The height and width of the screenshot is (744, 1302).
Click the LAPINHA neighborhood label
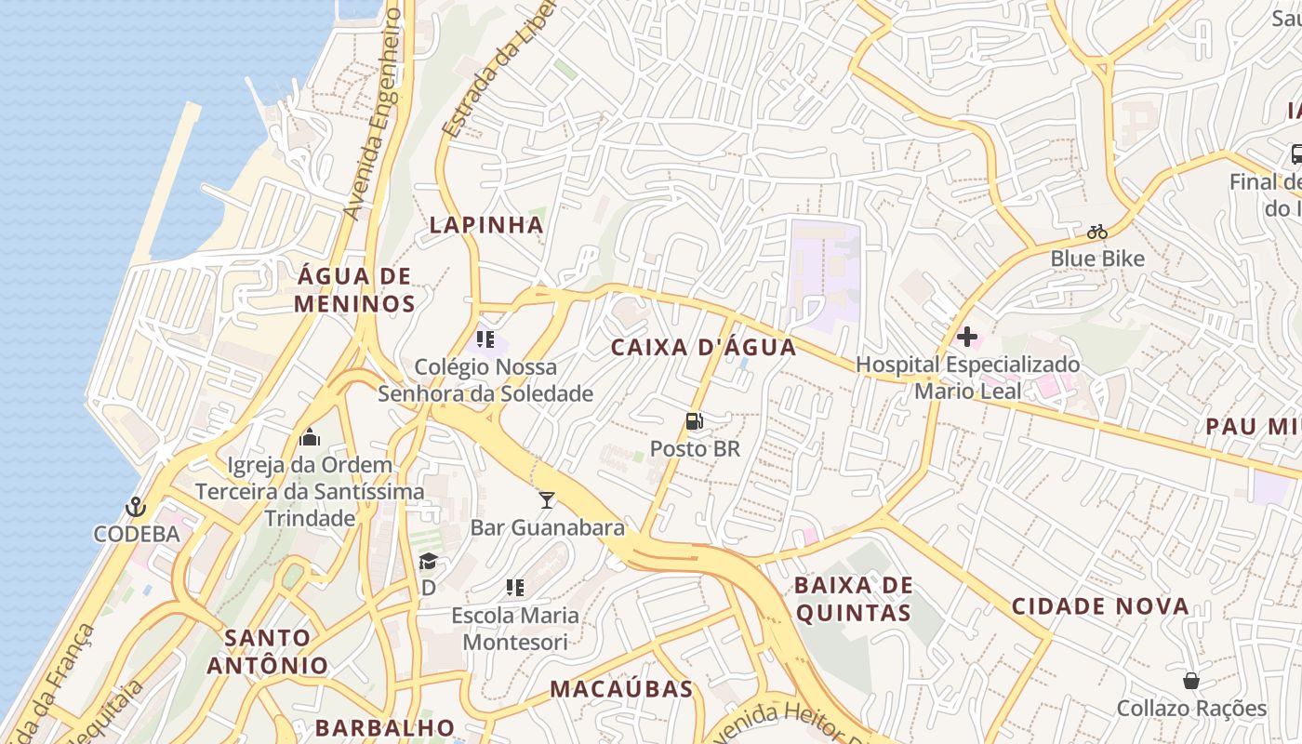[485, 225]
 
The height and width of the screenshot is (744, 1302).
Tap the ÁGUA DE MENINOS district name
[354, 290]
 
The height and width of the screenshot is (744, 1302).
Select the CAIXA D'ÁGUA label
[704, 348]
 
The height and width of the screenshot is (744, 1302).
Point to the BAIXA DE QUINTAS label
[852, 599]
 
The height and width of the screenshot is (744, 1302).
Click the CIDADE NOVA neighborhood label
[1100, 607]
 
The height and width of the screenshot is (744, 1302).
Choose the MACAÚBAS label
[621, 689]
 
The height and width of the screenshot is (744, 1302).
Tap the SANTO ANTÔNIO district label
[268, 652]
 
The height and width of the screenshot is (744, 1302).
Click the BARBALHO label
[385, 727]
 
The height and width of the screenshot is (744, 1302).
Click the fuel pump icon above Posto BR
[694, 421]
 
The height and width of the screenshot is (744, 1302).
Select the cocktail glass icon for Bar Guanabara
[547, 500]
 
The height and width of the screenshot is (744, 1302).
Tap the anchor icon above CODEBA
[136, 507]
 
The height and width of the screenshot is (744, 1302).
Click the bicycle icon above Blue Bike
[1097, 232]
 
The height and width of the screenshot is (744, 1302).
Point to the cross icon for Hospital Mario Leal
[967, 337]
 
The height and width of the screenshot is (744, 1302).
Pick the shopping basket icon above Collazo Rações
[1190, 681]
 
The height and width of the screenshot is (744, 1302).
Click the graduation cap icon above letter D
[428, 561]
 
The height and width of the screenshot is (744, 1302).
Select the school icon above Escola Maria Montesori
[514, 588]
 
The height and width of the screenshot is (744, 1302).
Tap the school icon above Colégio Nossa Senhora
[485, 339]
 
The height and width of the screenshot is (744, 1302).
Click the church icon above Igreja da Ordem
[310, 437]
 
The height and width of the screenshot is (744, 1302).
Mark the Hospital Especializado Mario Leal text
[967, 378]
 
